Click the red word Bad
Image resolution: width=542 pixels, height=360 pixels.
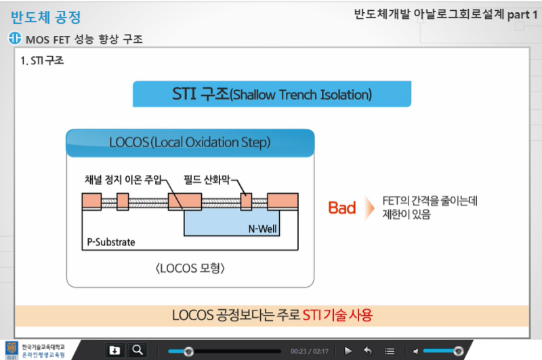(342, 208)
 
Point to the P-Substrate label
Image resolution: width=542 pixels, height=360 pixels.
(111, 242)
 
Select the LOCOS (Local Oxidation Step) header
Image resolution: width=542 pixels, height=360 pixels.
(190, 142)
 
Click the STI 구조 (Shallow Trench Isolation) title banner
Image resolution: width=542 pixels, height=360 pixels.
(272, 94)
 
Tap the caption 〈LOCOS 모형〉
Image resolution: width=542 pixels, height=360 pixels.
(190, 268)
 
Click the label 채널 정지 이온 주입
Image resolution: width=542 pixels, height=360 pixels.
(123, 180)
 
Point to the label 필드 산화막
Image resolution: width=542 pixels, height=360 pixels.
(208, 180)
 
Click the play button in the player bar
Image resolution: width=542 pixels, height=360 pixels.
(348, 351)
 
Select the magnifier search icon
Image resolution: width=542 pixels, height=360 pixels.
(138, 350)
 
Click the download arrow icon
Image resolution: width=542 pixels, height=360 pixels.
(114, 350)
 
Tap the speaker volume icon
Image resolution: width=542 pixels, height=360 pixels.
(416, 351)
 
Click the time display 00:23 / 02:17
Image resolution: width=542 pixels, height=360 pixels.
(309, 351)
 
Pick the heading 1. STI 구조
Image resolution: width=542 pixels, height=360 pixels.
(42, 60)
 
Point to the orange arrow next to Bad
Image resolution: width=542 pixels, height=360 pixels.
(369, 208)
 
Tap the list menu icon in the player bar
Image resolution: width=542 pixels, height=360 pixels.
(390, 351)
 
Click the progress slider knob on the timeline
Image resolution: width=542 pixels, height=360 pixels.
(188, 351)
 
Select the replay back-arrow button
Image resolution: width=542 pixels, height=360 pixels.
(368, 351)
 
